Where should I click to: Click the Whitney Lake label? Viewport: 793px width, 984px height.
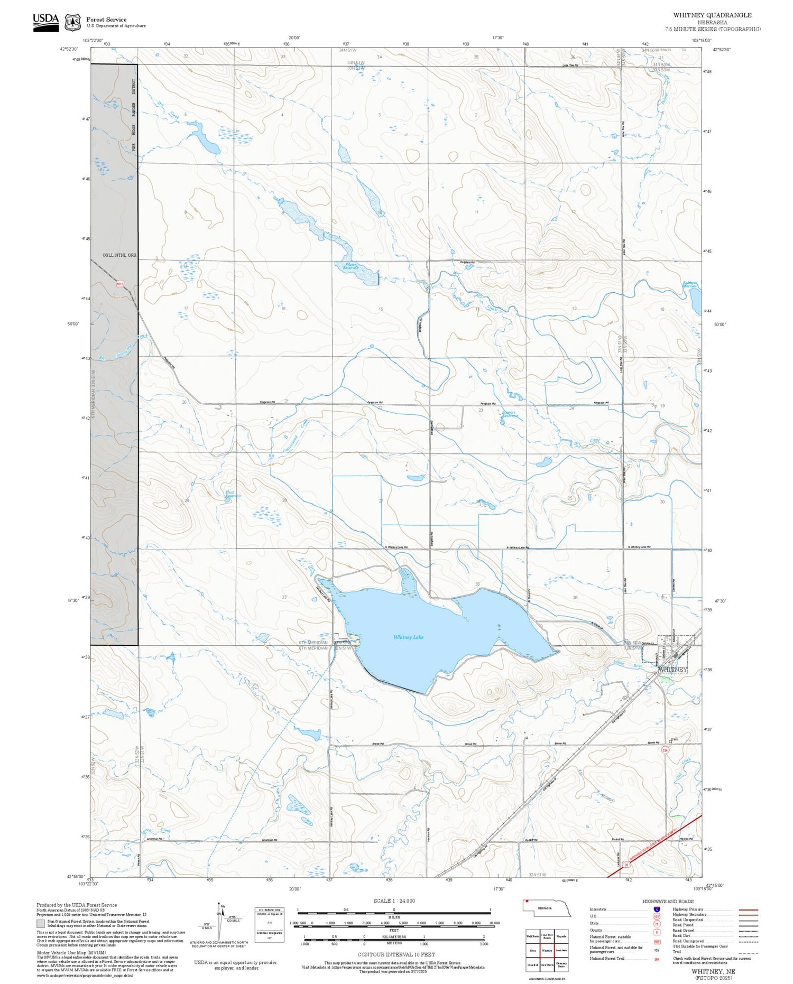click(408, 637)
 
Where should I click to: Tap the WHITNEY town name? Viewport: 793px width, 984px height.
click(672, 670)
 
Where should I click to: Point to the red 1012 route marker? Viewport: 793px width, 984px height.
click(119, 284)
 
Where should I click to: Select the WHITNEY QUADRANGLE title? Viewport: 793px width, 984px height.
click(712, 15)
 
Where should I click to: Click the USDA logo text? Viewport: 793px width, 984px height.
click(45, 19)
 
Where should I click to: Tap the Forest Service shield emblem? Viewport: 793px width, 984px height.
click(72, 22)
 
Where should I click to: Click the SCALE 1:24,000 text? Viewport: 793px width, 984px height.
click(394, 901)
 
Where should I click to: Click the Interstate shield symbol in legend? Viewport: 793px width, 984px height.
click(657, 909)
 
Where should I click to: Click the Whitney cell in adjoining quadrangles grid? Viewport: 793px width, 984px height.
click(547, 950)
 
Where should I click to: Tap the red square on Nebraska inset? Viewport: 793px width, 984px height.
click(527, 903)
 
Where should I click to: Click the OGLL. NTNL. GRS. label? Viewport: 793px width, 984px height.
click(119, 255)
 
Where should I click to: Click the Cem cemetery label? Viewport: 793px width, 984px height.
click(674, 739)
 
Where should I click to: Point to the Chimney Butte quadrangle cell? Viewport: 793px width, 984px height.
click(561, 965)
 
